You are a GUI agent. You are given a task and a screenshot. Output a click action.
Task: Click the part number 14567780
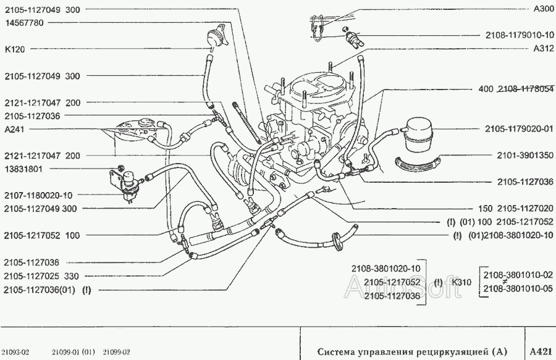point(24,22)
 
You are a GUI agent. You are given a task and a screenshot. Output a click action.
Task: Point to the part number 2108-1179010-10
point(518,36)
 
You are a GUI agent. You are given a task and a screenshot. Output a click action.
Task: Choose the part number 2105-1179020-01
point(518,129)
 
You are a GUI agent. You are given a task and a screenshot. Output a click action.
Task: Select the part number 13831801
point(24,169)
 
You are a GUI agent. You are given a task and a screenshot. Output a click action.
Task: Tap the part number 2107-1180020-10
point(38,195)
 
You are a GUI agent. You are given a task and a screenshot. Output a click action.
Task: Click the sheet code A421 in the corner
point(541,351)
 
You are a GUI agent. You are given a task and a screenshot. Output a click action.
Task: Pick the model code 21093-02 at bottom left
point(16,352)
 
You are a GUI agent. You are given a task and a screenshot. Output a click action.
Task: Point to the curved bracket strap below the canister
point(418,164)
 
